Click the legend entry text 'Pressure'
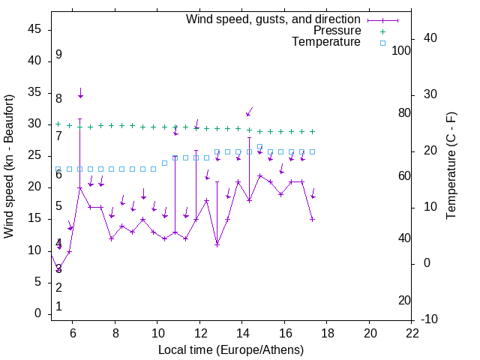point(337,31)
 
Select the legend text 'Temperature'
point(326,42)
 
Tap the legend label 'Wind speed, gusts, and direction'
point(273,19)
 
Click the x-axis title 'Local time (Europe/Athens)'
point(231,350)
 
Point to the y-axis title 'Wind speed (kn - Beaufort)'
point(9,166)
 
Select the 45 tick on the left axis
point(34,29)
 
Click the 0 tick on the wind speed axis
point(38,313)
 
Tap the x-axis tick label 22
point(412,333)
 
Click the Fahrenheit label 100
point(401,51)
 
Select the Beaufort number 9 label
point(58,55)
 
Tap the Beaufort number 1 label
point(58,307)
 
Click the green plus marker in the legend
point(382,31)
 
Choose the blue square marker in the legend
point(382,43)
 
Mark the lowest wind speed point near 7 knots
point(58,270)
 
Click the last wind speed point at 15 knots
point(313,220)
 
